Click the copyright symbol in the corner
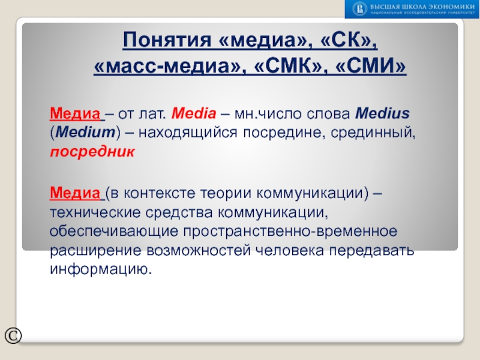coord(13,335)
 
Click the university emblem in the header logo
coord(359,8)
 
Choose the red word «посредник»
coord(92,151)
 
